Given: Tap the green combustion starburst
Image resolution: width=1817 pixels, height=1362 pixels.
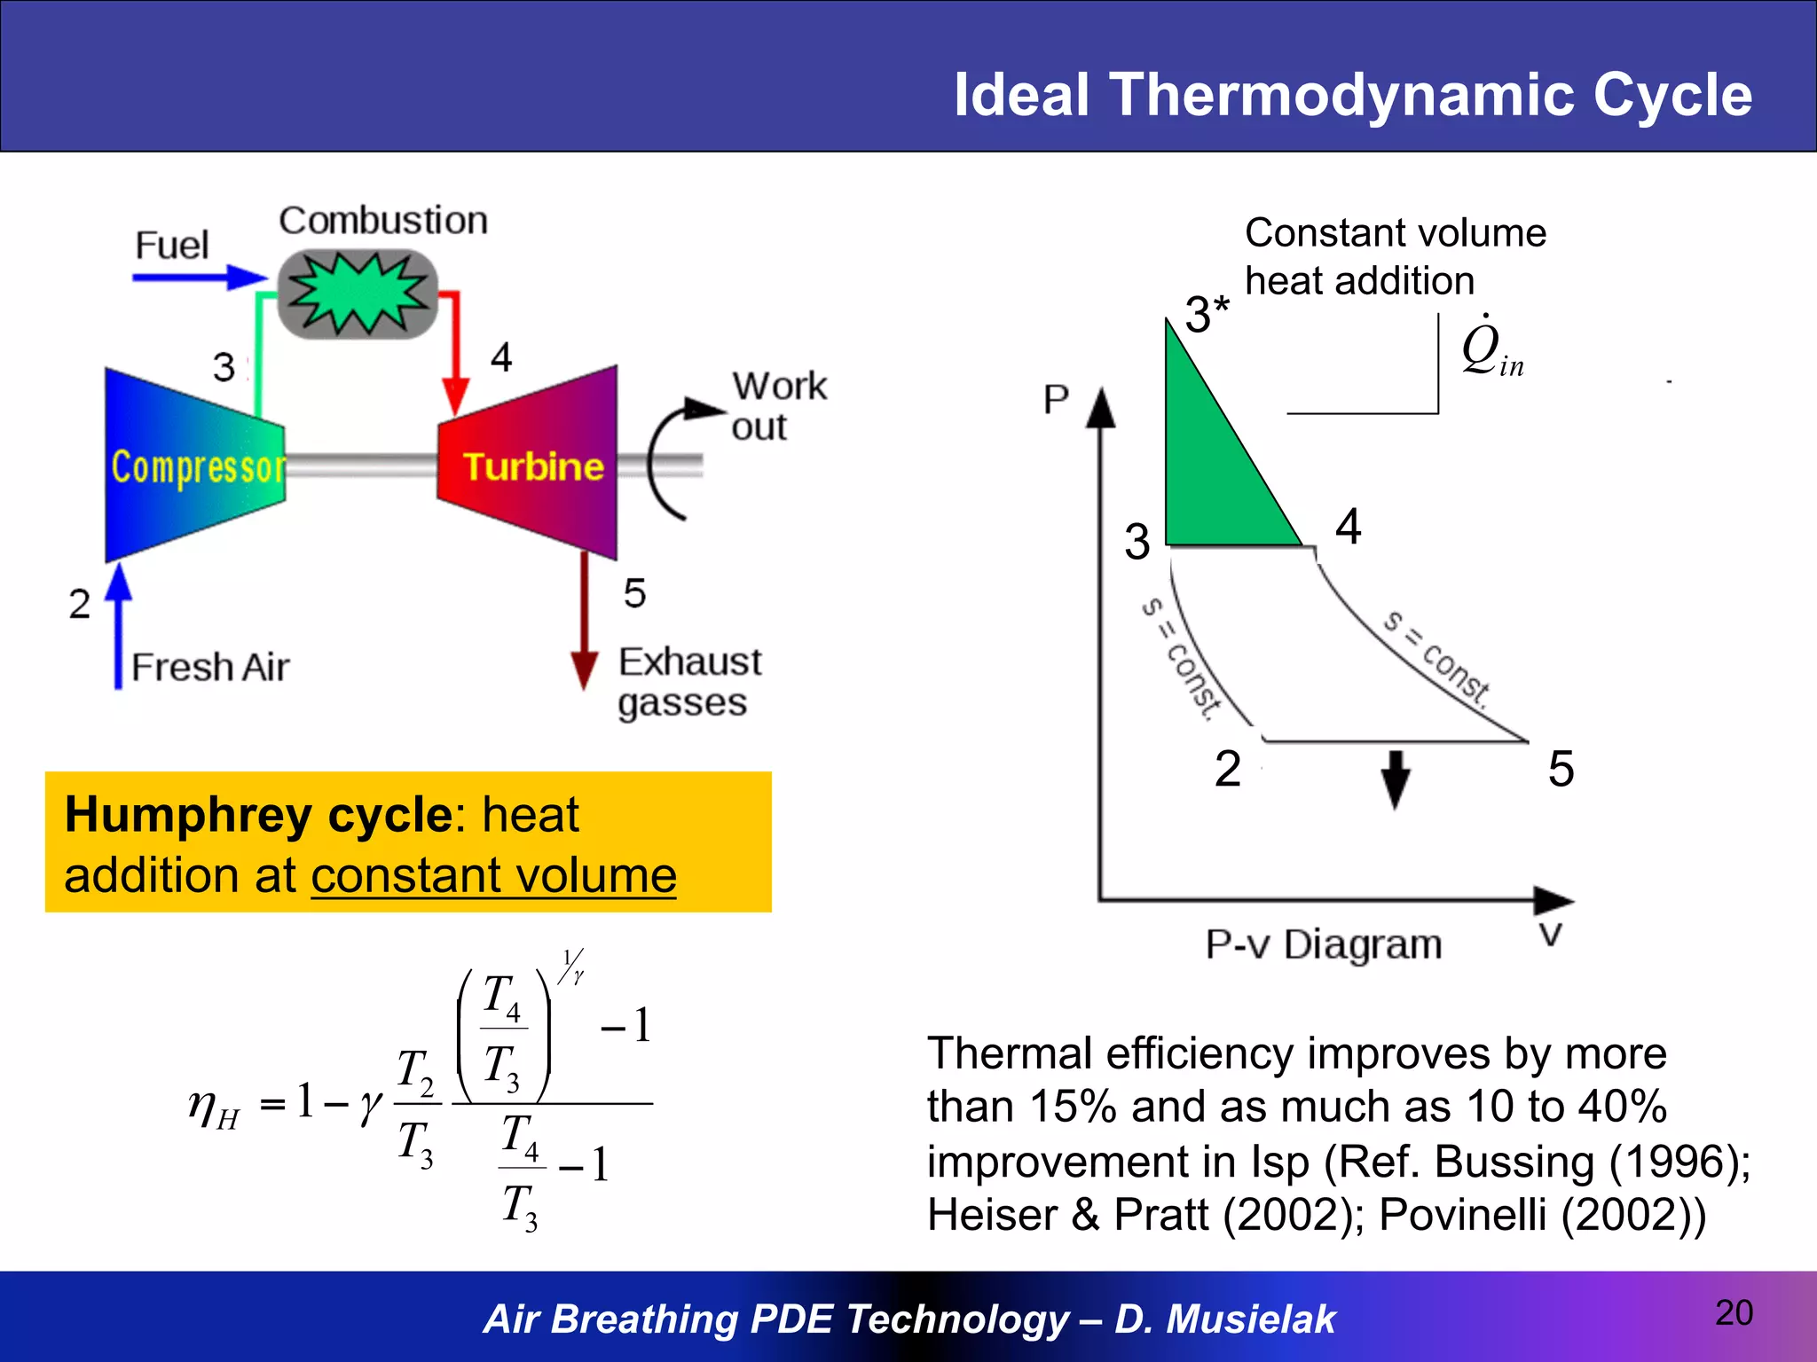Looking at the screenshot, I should click(x=358, y=293).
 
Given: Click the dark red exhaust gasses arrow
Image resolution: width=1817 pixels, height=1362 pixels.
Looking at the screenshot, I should click(x=584, y=621).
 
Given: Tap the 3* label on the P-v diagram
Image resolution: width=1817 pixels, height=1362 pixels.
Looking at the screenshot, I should click(x=1207, y=314).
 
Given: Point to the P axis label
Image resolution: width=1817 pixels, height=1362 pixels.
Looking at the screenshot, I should click(x=1055, y=400).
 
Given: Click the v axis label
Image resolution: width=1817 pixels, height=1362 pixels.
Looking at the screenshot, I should click(x=1550, y=934).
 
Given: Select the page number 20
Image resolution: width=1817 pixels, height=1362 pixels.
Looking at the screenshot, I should click(x=1734, y=1312).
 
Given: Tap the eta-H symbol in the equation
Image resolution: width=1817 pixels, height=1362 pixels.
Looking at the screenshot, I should click(x=213, y=1108).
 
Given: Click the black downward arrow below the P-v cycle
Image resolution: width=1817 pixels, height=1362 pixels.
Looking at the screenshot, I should click(x=1396, y=779).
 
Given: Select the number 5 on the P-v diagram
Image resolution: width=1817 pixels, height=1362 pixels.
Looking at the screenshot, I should click(x=1561, y=768).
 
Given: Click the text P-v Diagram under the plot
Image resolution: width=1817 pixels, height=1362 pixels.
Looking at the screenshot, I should click(x=1323, y=944).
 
